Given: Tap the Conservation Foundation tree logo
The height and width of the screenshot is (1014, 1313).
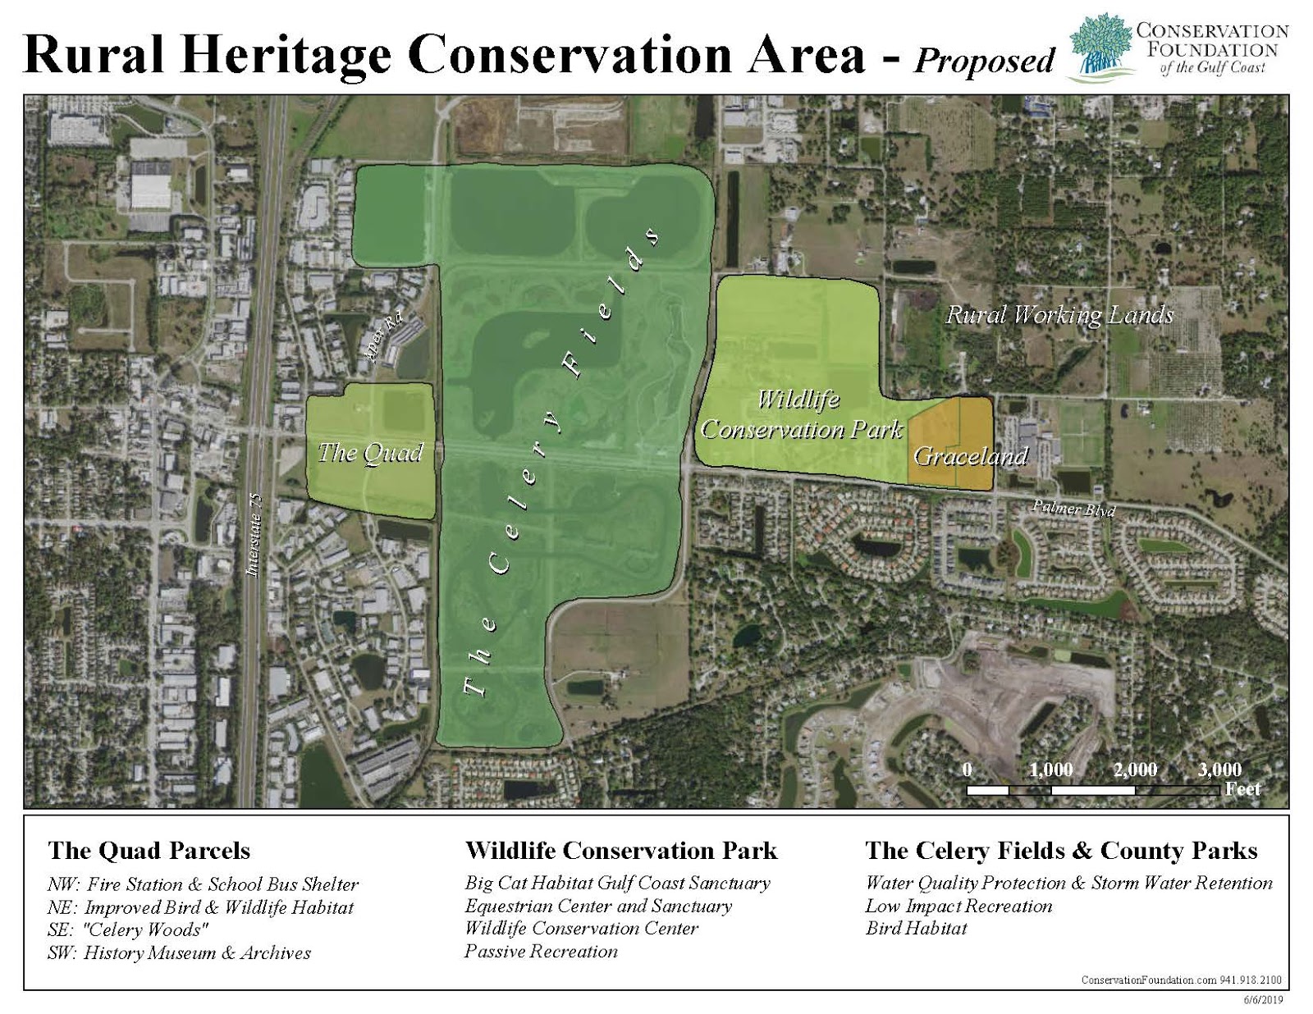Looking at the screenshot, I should tap(1100, 48).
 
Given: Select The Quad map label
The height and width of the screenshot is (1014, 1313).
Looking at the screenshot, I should tap(370, 453).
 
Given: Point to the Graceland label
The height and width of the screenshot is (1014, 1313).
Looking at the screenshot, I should tap(970, 456).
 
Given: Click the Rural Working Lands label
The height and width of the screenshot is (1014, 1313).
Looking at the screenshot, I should tap(1059, 315).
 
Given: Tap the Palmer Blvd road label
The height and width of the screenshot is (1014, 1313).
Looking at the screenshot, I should tap(1073, 509).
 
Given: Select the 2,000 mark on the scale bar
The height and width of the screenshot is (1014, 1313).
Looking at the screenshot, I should tap(1135, 770).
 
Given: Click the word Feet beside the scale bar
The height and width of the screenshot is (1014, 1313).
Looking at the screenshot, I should tap(1242, 789).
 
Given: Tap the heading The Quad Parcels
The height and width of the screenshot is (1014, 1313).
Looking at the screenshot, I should tap(149, 851).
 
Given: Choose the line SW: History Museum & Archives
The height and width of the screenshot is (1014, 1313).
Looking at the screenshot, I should tap(179, 953).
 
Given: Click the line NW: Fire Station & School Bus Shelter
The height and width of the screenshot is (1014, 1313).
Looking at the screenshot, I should tap(203, 884).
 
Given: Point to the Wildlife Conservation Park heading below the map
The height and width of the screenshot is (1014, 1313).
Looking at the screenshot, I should tap(620, 851).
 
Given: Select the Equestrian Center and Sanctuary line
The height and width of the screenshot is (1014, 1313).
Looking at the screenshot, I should tap(597, 907).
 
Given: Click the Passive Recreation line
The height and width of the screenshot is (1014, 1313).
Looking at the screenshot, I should tap(541, 952).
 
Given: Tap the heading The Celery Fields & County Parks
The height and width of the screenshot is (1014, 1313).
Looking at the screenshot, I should tap(1060, 851).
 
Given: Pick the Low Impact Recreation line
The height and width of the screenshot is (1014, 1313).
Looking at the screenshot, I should tap(958, 907).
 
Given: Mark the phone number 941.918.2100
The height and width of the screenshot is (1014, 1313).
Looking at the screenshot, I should tap(1251, 980).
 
